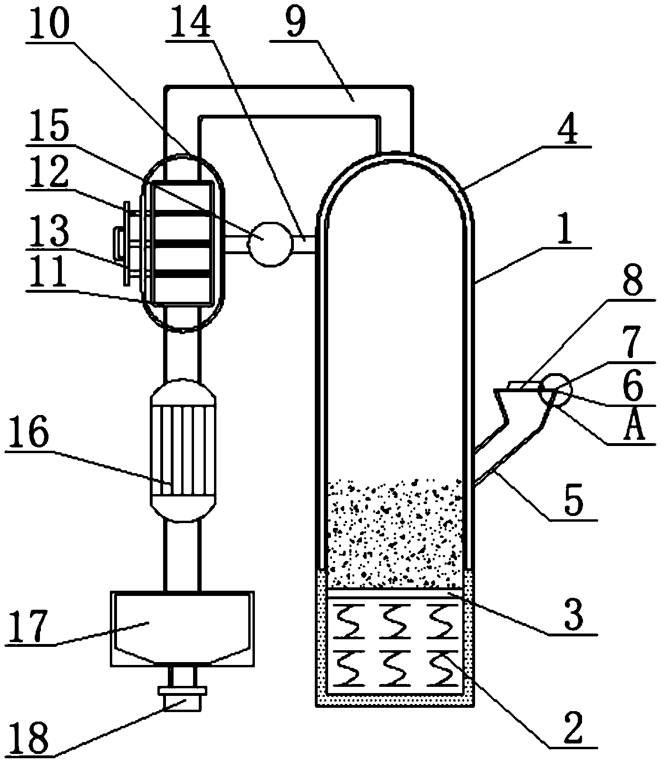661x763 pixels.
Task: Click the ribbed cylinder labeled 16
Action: coord(183,450)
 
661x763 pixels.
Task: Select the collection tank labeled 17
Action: coord(182,628)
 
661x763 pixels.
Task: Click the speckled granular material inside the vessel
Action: coord(395,533)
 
